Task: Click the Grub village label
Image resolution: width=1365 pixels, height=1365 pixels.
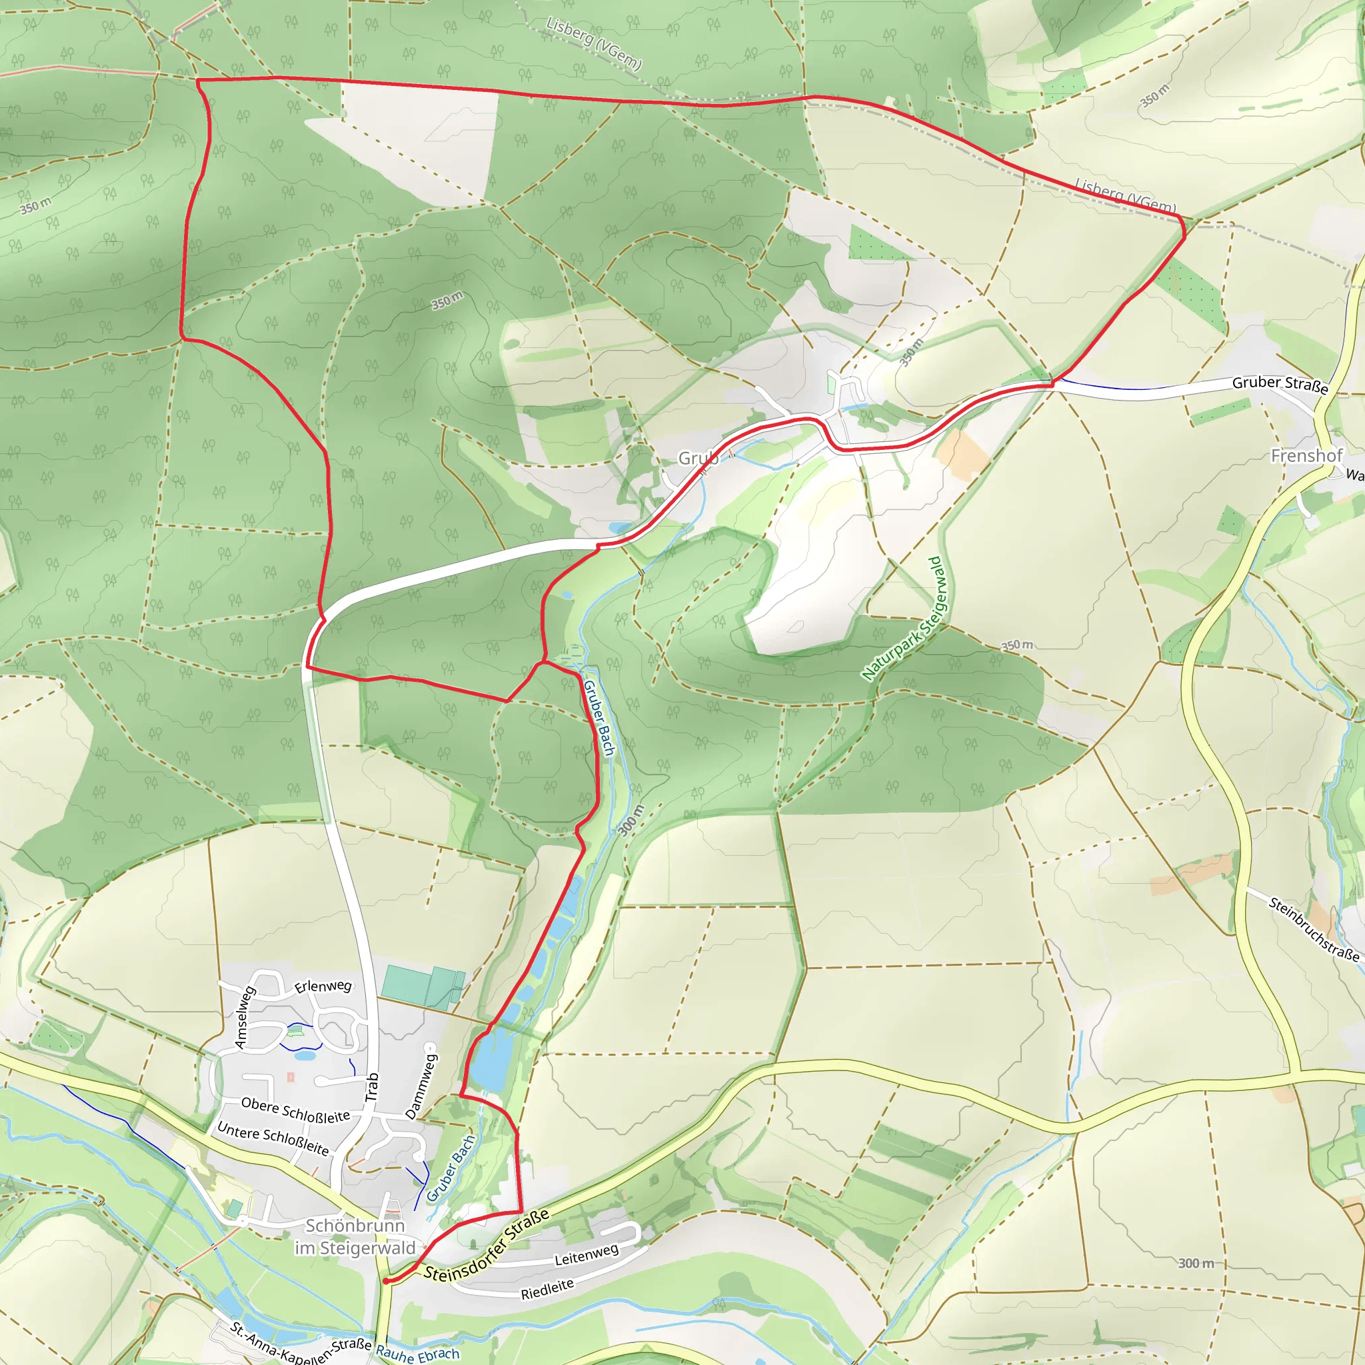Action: pyautogui.click(x=698, y=459)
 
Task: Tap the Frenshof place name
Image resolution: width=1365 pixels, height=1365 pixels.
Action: pyautogui.click(x=1306, y=456)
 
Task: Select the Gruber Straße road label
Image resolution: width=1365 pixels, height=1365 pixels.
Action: pyautogui.click(x=1280, y=385)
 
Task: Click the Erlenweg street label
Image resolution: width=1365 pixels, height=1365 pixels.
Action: pyautogui.click(x=323, y=986)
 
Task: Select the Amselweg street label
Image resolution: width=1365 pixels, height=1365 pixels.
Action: pyautogui.click(x=244, y=1017)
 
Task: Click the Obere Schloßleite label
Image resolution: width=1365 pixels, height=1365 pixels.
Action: pyautogui.click(x=295, y=1109)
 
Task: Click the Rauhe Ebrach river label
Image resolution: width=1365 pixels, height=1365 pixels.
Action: pyautogui.click(x=417, y=1354)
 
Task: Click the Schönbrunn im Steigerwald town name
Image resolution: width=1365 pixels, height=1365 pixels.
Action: pyautogui.click(x=355, y=1237)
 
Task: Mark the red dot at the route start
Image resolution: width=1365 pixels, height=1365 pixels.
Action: pyautogui.click(x=386, y=1281)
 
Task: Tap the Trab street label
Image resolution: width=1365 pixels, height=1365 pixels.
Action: pyautogui.click(x=372, y=1087)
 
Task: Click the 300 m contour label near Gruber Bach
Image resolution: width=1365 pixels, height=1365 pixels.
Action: pyautogui.click(x=631, y=820)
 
